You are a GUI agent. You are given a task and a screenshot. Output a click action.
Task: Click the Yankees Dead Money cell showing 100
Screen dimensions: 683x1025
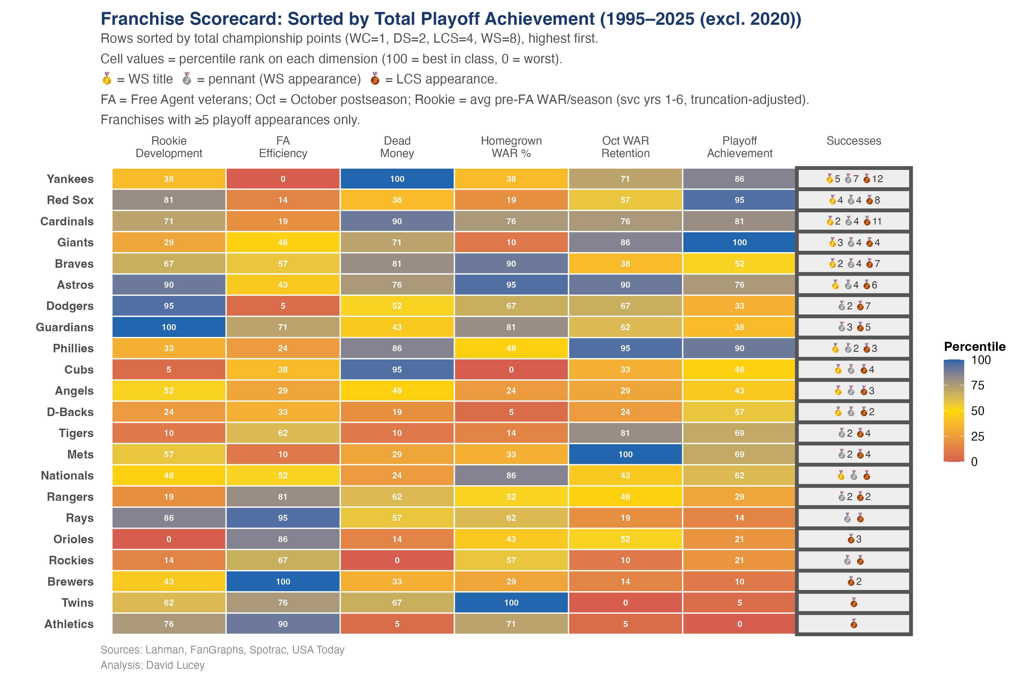(x=397, y=179)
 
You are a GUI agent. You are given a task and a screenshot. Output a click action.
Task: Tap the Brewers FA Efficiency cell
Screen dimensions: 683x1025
(x=283, y=581)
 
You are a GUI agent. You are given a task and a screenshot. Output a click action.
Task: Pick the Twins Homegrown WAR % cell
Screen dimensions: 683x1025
(x=511, y=602)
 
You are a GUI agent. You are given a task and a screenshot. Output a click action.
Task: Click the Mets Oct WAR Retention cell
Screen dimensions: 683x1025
(x=625, y=454)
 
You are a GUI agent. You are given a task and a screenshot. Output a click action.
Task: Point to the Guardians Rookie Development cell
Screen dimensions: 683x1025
(x=169, y=327)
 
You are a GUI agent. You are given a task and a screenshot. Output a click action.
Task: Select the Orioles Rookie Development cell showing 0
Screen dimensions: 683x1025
(x=169, y=539)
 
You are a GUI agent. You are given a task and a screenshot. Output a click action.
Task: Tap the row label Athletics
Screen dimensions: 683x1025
(x=69, y=624)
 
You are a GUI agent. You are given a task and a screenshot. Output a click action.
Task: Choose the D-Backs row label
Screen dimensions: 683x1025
(x=70, y=412)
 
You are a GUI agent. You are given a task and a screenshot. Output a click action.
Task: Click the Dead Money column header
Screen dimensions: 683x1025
(x=397, y=147)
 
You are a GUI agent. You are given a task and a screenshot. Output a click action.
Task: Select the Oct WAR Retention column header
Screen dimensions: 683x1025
(x=625, y=147)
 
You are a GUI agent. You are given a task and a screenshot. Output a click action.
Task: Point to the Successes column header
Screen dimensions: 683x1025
(x=853, y=141)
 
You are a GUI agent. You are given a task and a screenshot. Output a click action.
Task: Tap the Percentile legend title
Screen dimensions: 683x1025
(x=974, y=347)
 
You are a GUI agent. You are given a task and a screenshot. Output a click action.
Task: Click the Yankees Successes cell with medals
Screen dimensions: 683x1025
(x=853, y=179)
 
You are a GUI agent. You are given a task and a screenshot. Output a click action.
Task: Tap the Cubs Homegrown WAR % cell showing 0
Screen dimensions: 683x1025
(x=511, y=369)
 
